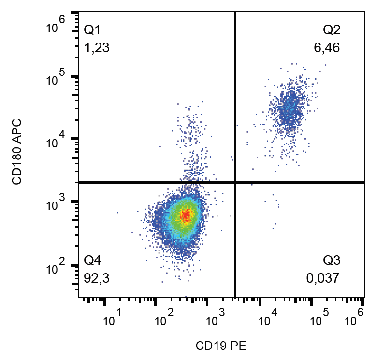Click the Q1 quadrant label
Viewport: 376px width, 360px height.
pyautogui.click(x=92, y=30)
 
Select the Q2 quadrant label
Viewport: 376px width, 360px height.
pyautogui.click(x=332, y=30)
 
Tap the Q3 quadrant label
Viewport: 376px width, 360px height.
pyautogui.click(x=332, y=261)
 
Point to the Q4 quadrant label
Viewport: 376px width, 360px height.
pyautogui.click(x=92, y=261)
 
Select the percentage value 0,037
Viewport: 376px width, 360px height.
pyautogui.click(x=323, y=278)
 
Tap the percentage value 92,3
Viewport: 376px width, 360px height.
pyautogui.click(x=97, y=278)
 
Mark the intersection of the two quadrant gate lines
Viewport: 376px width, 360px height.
pyautogui.click(x=235, y=182)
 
